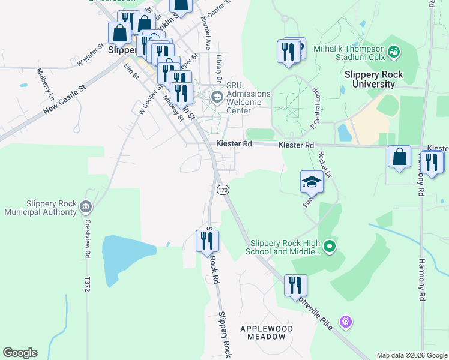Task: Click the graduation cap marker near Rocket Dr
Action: pos(312,182)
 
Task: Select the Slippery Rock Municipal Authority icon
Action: pos(86,207)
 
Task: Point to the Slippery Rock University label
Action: pos(373,79)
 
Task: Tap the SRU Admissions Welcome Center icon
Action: pos(217,95)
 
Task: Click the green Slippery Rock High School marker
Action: pos(329,246)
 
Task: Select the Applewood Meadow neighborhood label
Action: pos(267,333)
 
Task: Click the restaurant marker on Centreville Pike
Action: pos(295,286)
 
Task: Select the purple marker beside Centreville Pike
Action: pos(345,323)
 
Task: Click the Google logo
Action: pos(20,353)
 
